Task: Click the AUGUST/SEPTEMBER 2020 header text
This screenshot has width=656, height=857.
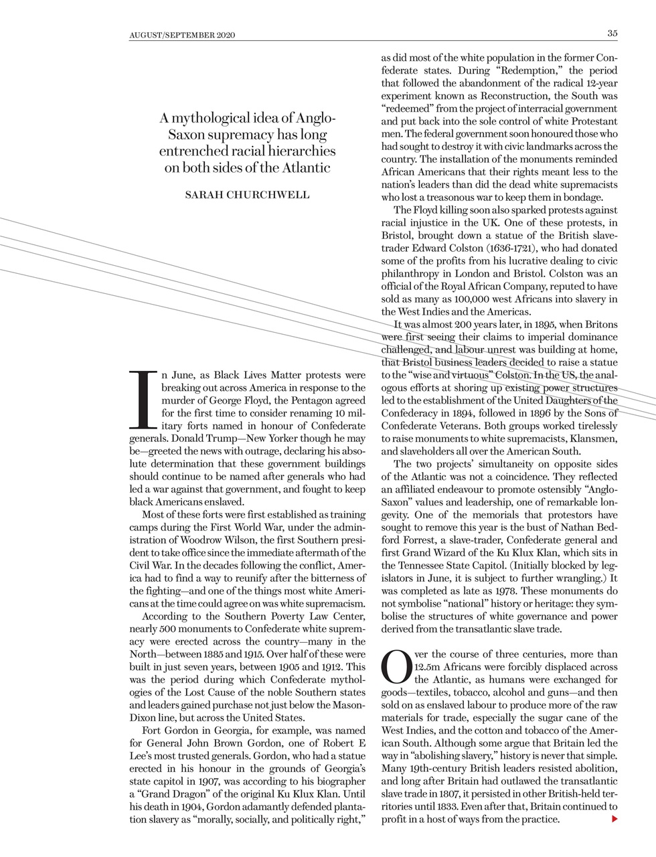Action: coord(182,34)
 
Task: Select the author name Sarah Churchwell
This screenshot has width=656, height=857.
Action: coord(247,195)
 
